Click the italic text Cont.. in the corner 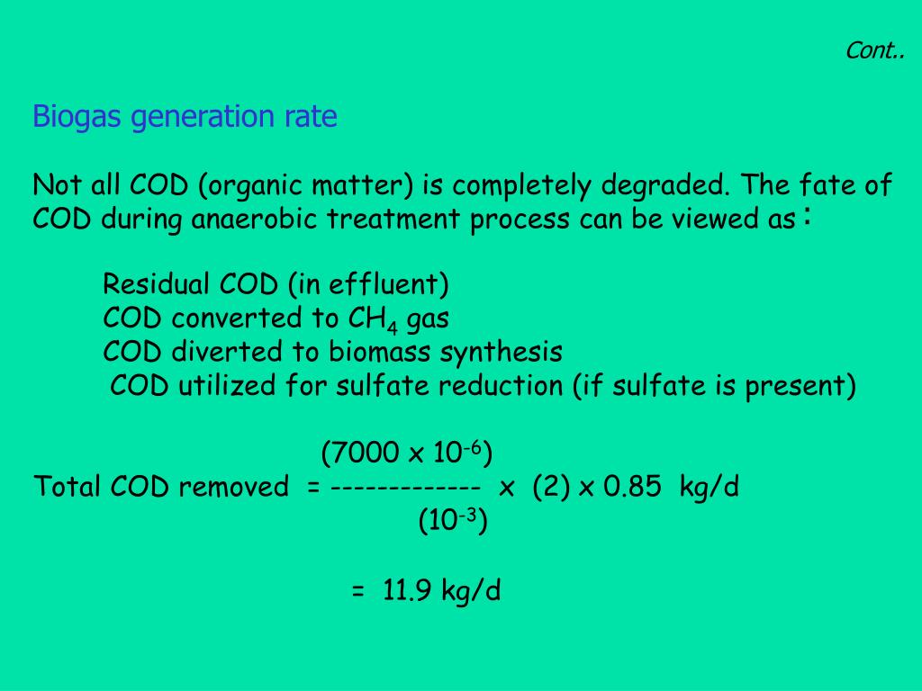click(x=875, y=50)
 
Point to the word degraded click(x=665, y=185)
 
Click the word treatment click(x=393, y=220)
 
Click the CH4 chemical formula click(x=373, y=319)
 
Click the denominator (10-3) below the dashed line click(x=453, y=520)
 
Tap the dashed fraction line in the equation click(x=406, y=487)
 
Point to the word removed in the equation click(x=234, y=487)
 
